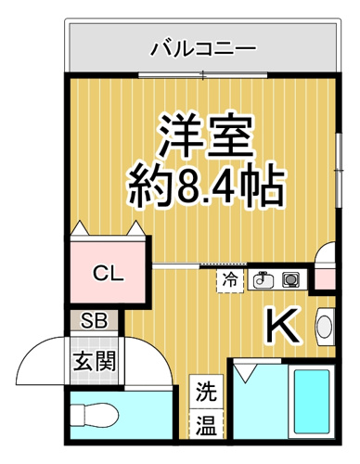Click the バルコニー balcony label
203,49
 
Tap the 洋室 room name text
205,135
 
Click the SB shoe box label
94,320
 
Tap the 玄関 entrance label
95,361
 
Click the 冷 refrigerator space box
230,281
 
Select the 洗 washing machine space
206,392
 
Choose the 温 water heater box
206,424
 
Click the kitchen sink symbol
264,280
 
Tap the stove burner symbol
290,279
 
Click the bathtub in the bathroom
312,402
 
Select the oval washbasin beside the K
325,326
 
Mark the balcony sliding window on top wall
202,74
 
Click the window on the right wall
340,171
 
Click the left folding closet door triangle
79,228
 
